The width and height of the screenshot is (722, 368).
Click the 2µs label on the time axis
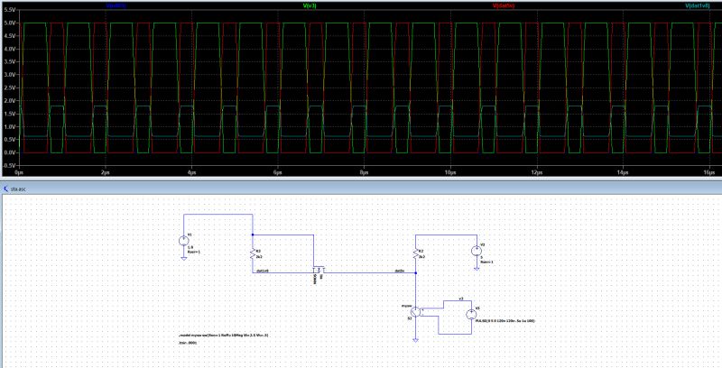[105, 171]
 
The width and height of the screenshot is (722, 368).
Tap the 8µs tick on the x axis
[364, 171]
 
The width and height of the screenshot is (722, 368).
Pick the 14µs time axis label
[623, 171]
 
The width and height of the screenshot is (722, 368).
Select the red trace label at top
[504, 5]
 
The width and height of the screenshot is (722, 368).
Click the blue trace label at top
[116, 5]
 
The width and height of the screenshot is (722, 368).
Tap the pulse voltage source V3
[469, 313]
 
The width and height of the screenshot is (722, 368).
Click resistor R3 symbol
[253, 254]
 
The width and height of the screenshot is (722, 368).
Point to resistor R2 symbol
[415, 254]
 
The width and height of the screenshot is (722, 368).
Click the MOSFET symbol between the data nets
[317, 271]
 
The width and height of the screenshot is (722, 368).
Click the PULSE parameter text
[505, 320]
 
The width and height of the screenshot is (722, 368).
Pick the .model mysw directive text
[223, 335]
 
